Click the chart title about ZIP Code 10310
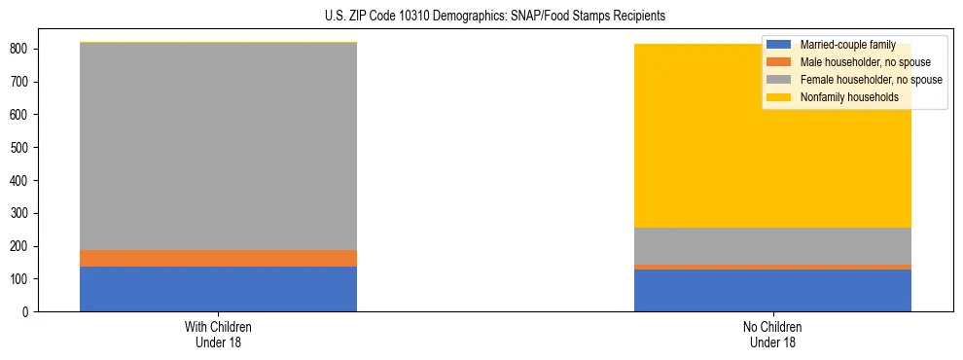click(x=481, y=17)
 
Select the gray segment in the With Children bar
click(x=218, y=146)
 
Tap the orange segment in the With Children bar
click(x=218, y=258)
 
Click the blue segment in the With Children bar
click(x=218, y=289)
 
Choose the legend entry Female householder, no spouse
click(x=869, y=80)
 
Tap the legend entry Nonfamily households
click(x=848, y=97)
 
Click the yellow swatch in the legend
click(x=779, y=97)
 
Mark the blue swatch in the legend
click(x=779, y=45)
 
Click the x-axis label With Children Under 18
click(x=218, y=334)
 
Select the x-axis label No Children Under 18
click(x=772, y=334)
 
